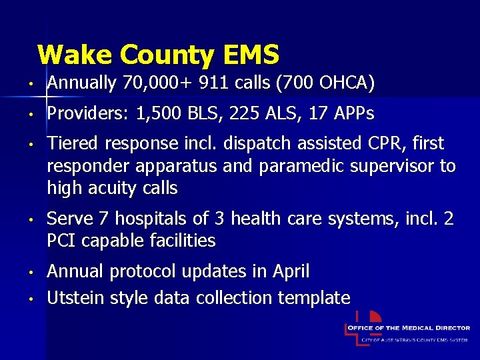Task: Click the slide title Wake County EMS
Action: click(x=158, y=55)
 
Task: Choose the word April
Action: click(x=291, y=271)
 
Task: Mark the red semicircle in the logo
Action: click(x=375, y=317)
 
